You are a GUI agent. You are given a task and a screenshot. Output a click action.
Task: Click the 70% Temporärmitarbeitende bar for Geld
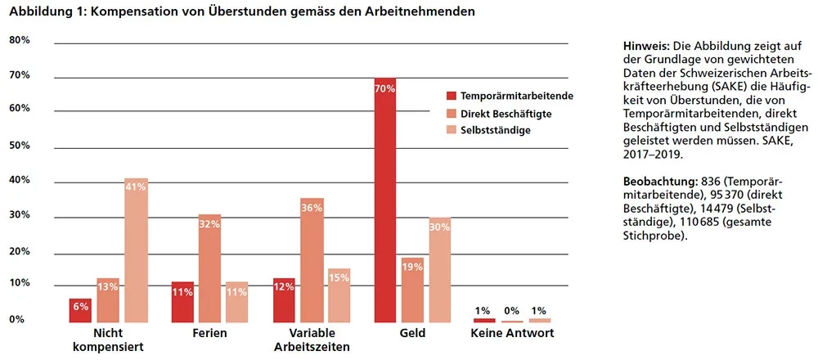[x=385, y=200]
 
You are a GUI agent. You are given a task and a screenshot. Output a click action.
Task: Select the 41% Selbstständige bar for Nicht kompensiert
[x=136, y=250]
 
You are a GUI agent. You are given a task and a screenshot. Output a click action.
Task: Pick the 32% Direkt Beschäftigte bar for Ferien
[x=209, y=268]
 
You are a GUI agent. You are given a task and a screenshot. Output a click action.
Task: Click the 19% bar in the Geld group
[x=413, y=290]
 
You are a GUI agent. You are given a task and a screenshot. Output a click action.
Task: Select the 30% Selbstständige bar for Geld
[x=440, y=270]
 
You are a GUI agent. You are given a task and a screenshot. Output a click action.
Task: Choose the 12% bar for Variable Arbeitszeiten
[x=284, y=300]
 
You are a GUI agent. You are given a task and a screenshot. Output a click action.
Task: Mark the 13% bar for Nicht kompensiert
[x=108, y=300]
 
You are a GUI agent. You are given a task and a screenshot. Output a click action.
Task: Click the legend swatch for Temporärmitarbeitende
[x=450, y=96]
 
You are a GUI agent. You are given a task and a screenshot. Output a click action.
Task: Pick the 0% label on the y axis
[x=16, y=320]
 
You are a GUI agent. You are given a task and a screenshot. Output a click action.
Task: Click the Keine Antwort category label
[x=512, y=334]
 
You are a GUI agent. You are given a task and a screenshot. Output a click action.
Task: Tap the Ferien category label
[x=209, y=334]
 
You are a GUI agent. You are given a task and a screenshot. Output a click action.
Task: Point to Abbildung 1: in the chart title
[x=41, y=11]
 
